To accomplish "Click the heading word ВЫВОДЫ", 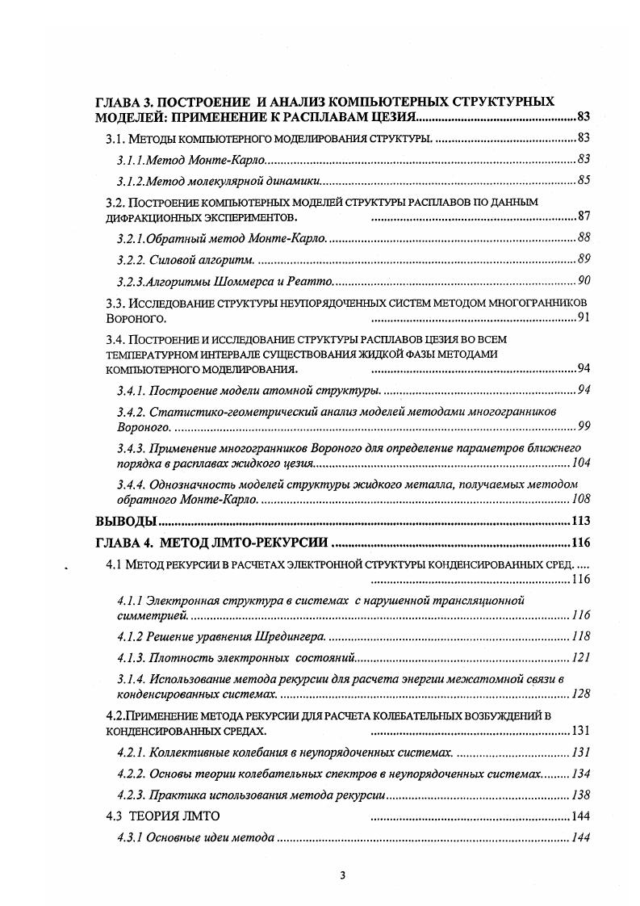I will tap(126, 521).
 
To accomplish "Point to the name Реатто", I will tap(312, 281).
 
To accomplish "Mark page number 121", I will tap(581, 658).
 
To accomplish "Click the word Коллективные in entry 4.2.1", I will tap(188, 753).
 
